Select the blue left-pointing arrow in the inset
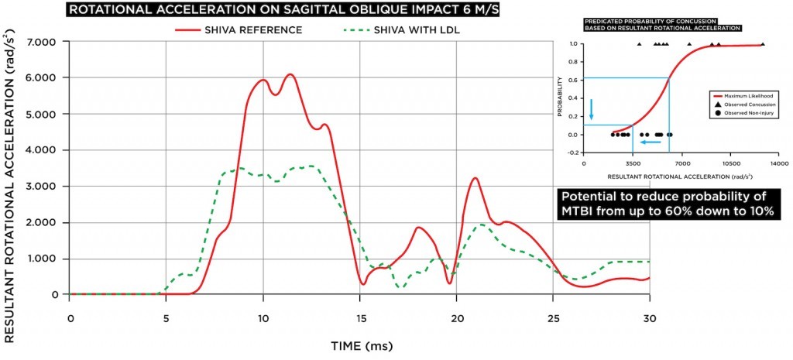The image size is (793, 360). (x=650, y=142)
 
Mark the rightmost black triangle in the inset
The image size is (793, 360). (x=763, y=45)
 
